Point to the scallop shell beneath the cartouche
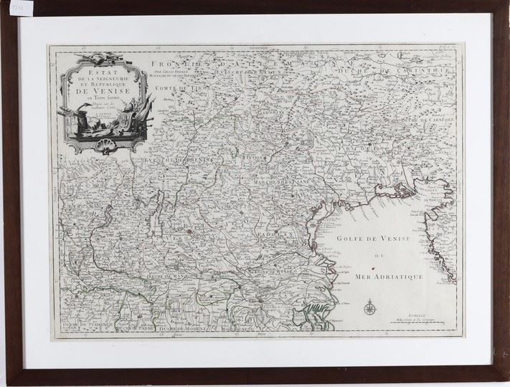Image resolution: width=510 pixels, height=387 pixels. pos(110,148)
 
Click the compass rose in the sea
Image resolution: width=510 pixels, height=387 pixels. pos(369,308)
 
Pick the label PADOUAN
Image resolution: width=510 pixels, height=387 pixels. pos(273,234)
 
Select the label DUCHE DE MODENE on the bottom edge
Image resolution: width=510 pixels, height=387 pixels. pos(186,330)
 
